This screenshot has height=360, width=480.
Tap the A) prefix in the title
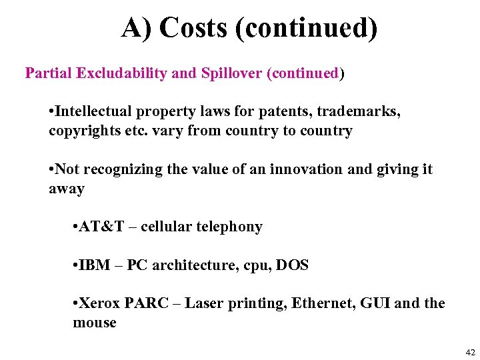coord(137,28)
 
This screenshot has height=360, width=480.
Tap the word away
coord(67,189)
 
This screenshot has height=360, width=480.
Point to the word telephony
coord(229,227)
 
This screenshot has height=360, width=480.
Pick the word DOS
coord(293,265)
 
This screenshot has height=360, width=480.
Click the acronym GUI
coord(375,304)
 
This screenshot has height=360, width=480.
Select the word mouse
coord(95,323)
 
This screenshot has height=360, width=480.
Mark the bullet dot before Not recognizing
coord(52,170)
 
